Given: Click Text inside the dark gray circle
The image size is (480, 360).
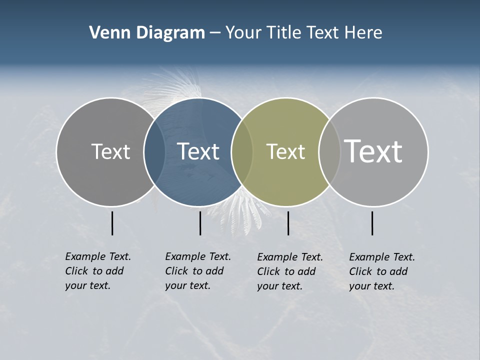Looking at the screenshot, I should click(110, 151).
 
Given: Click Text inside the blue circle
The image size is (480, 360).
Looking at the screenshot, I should click(198, 151).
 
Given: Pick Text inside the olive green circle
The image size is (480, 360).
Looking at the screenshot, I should click(285, 151).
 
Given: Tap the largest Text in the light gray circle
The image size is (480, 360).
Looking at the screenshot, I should click(373, 151).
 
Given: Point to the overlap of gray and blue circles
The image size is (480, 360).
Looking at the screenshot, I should click(154, 151).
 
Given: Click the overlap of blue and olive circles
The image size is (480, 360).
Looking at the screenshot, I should click(242, 151).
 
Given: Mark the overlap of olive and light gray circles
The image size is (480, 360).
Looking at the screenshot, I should click(329, 151).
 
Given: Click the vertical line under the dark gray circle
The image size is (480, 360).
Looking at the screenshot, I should click(112, 223).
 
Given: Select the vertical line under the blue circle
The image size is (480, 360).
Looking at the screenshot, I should click(200, 223).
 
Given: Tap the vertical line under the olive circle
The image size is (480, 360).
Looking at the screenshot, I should click(288, 223).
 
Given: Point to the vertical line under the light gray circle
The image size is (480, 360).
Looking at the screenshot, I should click(372, 223).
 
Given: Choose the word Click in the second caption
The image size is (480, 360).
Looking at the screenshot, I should click(176, 271).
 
